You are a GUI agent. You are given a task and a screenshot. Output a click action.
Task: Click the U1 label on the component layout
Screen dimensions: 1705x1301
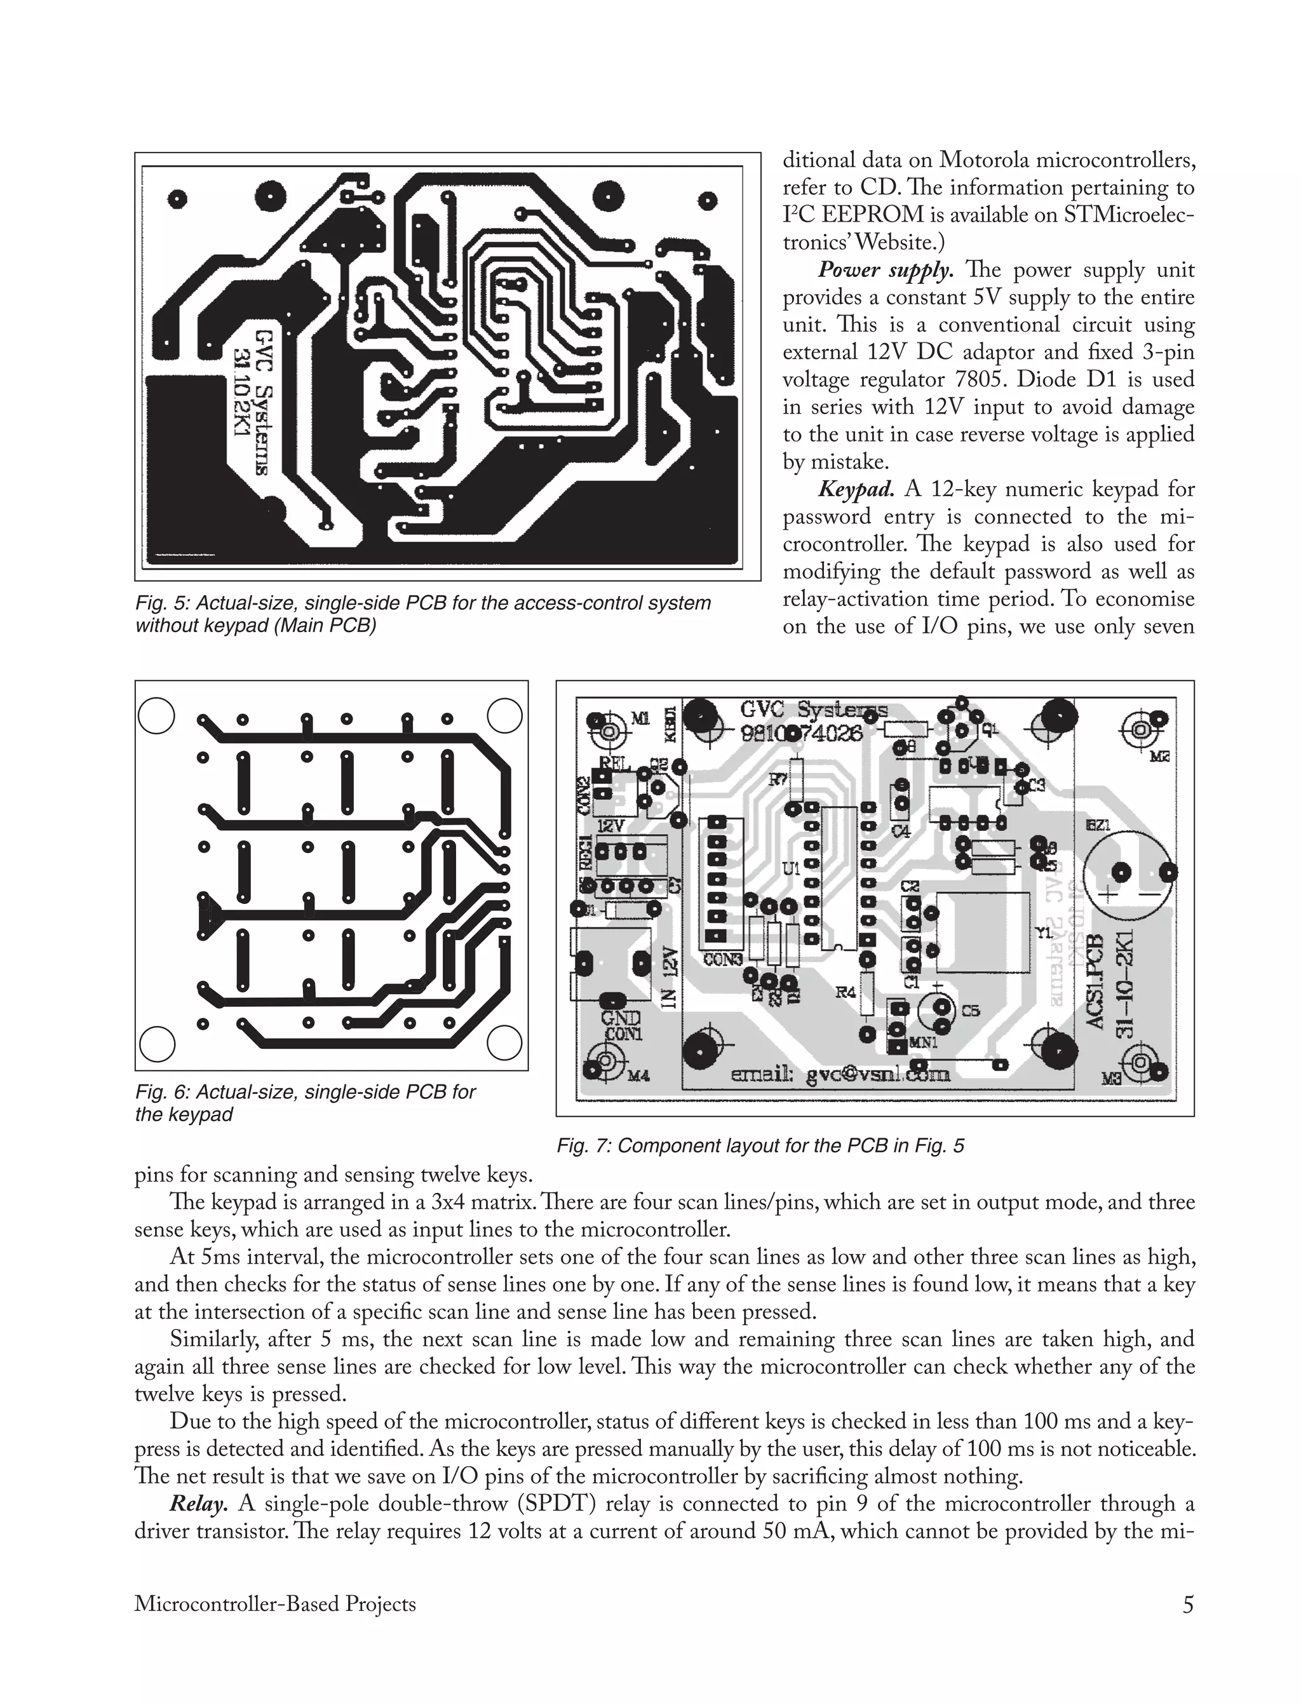tap(791, 870)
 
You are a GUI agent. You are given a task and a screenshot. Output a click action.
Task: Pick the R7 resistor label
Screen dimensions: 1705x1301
tap(778, 781)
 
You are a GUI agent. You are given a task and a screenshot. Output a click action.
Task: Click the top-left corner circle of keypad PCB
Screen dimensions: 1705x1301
tap(156, 715)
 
